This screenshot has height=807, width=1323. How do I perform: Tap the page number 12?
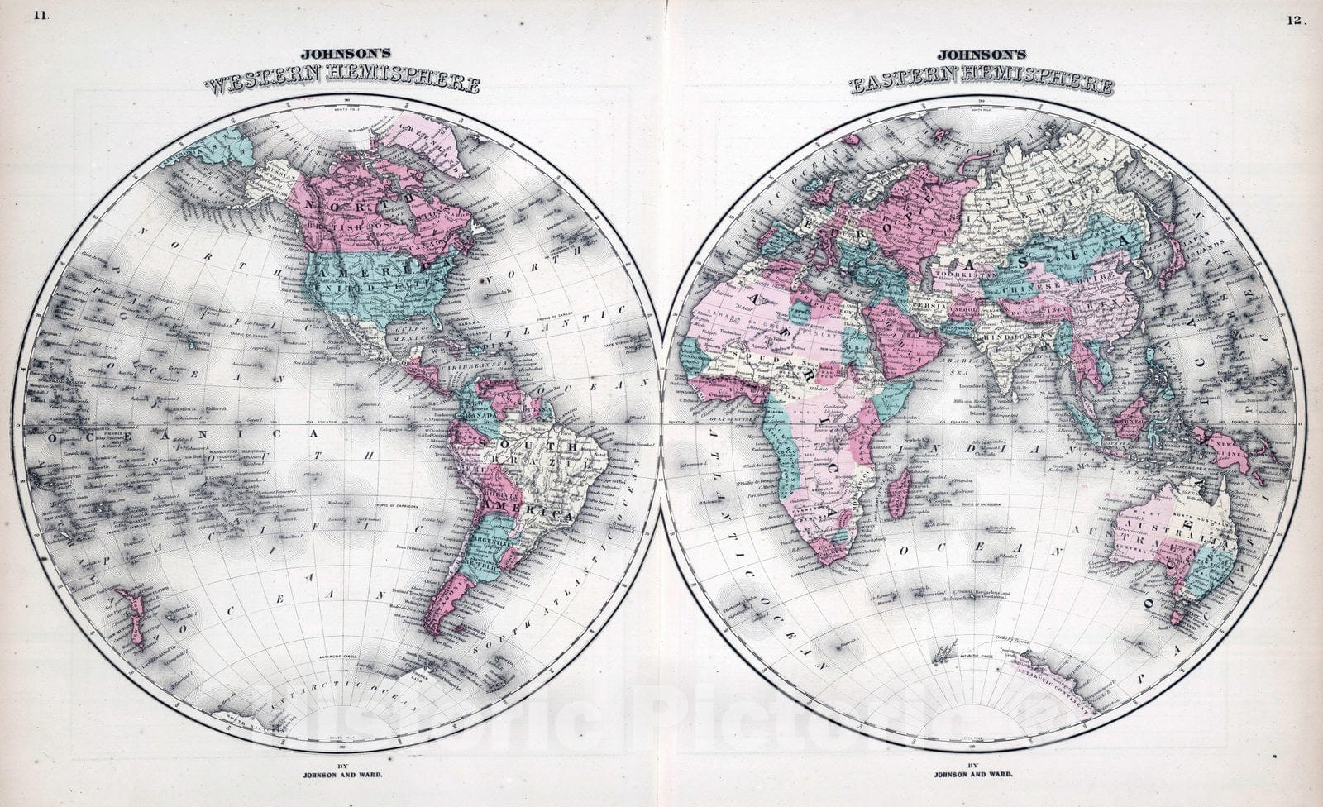[1294, 20]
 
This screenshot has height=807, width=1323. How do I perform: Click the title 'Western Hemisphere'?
[342, 84]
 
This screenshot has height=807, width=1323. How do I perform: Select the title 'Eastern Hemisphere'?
[980, 84]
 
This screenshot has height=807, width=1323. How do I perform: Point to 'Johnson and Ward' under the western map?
[341, 775]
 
